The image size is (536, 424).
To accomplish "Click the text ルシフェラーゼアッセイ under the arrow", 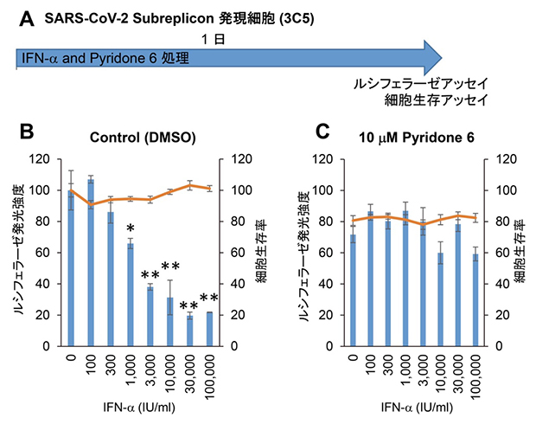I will click(420, 85).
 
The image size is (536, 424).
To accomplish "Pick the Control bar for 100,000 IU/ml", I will click(210, 329).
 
